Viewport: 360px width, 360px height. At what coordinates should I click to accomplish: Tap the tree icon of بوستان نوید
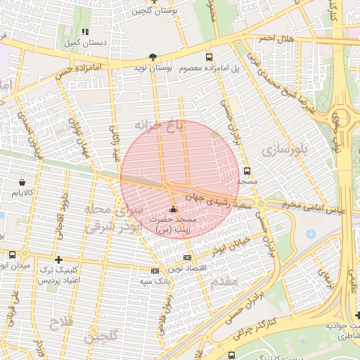click(153, 57)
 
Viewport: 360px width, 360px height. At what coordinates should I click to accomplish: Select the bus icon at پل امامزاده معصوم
click(209, 57)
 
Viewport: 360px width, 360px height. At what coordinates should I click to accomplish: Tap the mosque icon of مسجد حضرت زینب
click(174, 209)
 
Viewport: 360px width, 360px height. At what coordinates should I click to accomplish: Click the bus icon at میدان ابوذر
click(12, 255)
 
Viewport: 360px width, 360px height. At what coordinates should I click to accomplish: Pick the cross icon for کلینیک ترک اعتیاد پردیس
click(58, 259)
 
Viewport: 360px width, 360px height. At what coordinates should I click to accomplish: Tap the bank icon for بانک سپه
click(155, 271)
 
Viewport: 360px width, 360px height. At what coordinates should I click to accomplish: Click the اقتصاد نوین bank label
click(186, 269)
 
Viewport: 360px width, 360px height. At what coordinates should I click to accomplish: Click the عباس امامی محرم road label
click(309, 207)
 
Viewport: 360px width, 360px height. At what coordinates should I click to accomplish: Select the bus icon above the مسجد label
click(246, 171)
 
